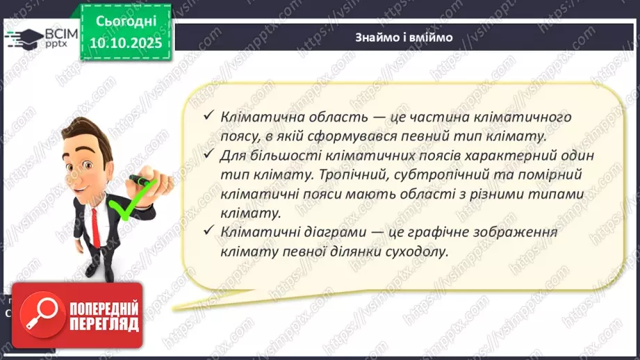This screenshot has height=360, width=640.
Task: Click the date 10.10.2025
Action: [x=125, y=43]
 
